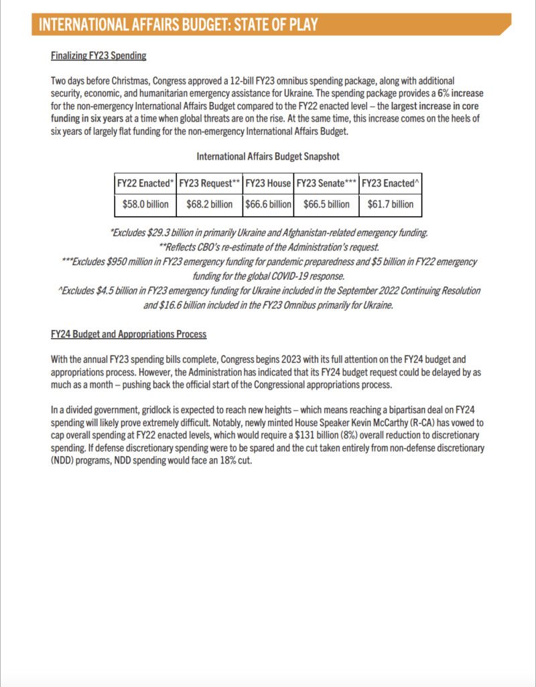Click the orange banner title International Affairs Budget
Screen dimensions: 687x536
[x=178, y=25]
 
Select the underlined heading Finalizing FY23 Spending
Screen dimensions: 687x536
[x=98, y=55]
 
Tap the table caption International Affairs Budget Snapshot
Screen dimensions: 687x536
[x=268, y=156]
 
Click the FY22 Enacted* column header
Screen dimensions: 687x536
[x=145, y=183]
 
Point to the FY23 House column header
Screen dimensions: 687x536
[x=268, y=183]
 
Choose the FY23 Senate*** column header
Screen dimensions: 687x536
[x=326, y=183]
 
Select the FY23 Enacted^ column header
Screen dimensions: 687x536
[x=391, y=183]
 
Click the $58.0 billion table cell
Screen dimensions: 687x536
[x=145, y=204]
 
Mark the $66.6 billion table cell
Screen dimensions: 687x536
[x=268, y=204]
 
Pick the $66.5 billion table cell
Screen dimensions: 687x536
[x=326, y=204]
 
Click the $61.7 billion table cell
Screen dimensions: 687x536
[x=391, y=204]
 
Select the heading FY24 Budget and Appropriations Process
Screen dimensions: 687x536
[x=129, y=334]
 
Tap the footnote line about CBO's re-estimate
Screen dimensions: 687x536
[x=268, y=247]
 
